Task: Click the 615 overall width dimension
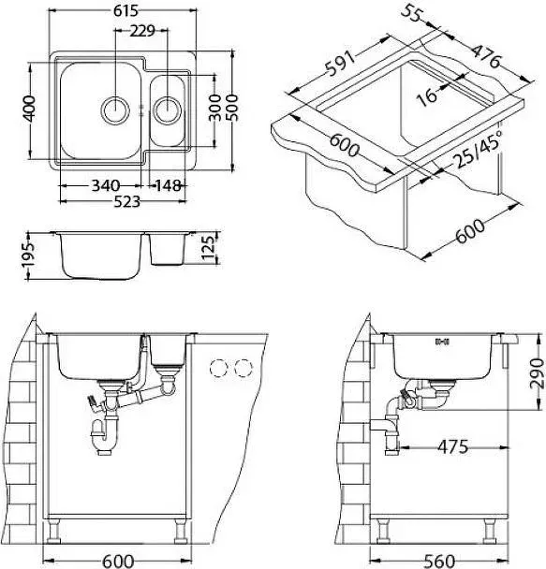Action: click(x=125, y=11)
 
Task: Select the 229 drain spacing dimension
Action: click(x=142, y=31)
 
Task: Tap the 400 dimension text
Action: click(x=29, y=109)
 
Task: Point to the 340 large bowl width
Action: click(x=105, y=186)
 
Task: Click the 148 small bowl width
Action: click(x=168, y=186)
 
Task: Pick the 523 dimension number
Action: click(x=126, y=201)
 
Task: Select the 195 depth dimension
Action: click(x=28, y=255)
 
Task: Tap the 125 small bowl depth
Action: click(x=209, y=247)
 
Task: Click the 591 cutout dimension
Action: click(x=338, y=64)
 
